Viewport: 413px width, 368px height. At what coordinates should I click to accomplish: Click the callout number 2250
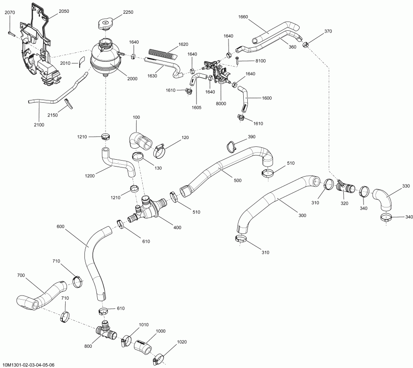tap(127, 12)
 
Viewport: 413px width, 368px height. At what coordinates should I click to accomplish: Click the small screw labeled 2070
tap(11, 33)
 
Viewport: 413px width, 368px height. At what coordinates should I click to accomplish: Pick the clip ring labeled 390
tap(231, 146)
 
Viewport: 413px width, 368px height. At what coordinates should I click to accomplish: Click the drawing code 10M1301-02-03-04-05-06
tap(28, 364)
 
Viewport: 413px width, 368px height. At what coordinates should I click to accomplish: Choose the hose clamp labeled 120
tap(160, 148)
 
